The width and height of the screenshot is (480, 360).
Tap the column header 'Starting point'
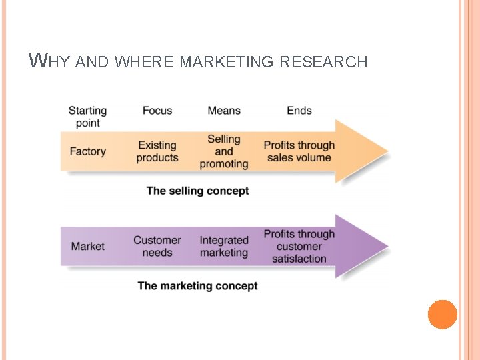(87, 117)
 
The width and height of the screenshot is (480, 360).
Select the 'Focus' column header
(157, 111)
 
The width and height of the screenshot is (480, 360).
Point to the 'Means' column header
(224, 111)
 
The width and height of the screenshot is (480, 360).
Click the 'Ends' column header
(299, 111)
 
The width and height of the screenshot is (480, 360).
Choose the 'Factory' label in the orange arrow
(87, 151)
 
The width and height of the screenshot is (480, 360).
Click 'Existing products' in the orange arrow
(157, 151)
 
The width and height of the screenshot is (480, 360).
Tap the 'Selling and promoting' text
(224, 151)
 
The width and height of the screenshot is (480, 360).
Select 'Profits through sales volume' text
(299, 151)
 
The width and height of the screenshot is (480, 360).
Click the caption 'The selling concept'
(197, 191)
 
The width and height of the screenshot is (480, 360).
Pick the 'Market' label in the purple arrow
(87, 246)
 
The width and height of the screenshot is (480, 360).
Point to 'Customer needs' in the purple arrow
(157, 246)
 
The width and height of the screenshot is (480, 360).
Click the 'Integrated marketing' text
(224, 246)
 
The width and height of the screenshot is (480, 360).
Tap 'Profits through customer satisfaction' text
(299, 246)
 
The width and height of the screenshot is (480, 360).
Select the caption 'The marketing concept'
(197, 286)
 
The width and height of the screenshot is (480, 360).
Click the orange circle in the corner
(442, 315)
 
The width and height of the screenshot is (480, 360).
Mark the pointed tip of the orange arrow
(387, 151)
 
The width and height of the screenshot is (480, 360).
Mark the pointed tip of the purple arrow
(387, 246)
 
